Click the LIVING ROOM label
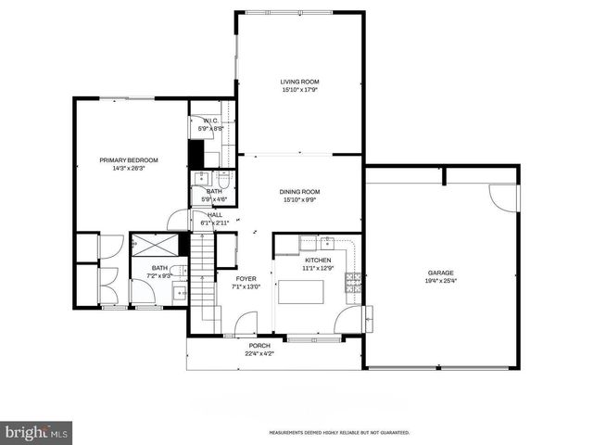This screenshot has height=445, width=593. [299, 82]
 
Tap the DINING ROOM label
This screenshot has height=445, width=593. [299, 191]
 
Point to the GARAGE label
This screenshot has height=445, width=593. [440, 273]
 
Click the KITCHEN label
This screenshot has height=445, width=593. [318, 261]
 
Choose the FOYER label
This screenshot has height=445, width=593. [246, 278]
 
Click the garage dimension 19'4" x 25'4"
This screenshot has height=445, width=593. [440, 281]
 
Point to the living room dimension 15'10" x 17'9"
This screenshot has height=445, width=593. [299, 90]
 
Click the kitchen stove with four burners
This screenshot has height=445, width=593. [353, 282]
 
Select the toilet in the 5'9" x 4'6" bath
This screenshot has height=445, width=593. [223, 179]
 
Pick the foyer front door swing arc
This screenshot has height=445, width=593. [246, 324]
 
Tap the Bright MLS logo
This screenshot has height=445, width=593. [36, 432]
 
